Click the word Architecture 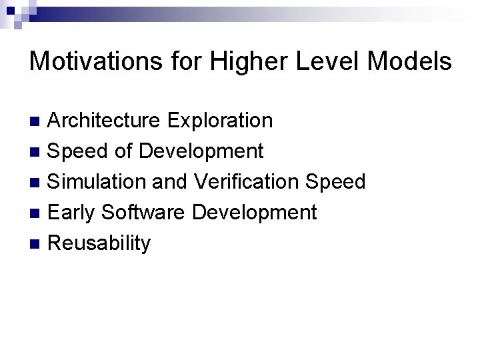(104, 121)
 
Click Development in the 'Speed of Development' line (201, 151)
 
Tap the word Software (144, 213)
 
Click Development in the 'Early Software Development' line (255, 213)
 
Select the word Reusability (100, 243)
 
